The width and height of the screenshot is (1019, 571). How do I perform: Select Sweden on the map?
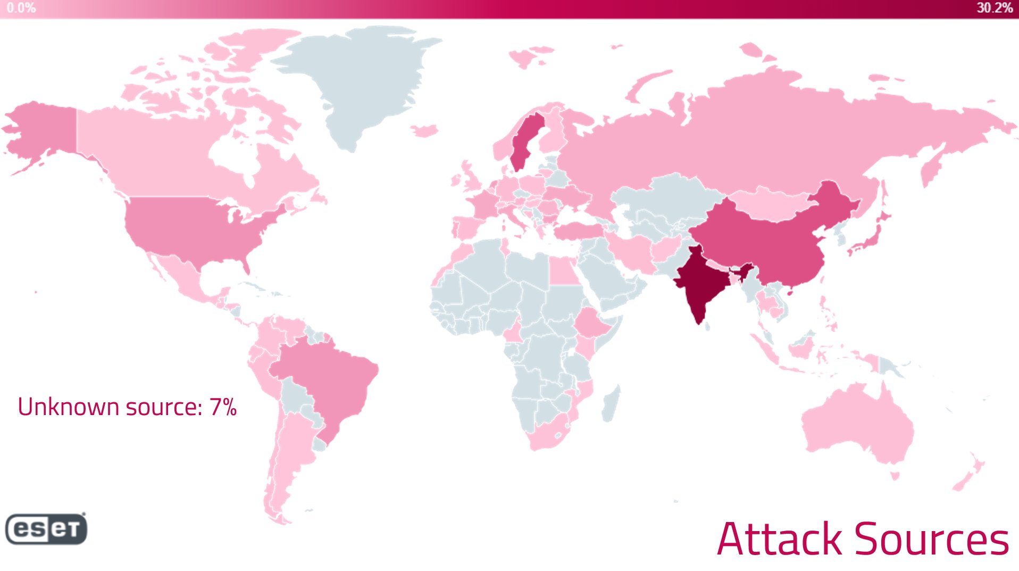point(524,141)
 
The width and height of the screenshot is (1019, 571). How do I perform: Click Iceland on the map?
point(424,130)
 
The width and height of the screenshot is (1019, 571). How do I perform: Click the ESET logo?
point(46,529)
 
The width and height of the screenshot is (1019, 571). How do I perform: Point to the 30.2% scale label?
point(993,8)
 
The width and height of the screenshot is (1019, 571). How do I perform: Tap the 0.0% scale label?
point(21,8)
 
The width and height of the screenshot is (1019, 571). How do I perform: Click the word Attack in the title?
point(779,539)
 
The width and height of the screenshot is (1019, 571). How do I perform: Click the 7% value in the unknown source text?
point(223,407)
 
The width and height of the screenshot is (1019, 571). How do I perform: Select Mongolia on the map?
point(771,205)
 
